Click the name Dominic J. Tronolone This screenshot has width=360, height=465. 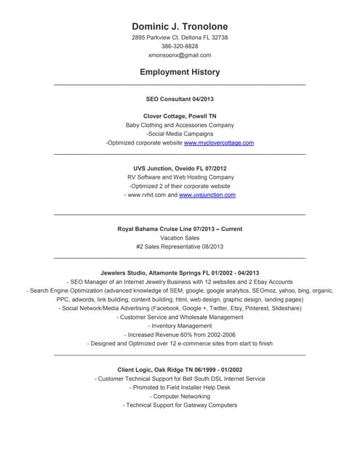click(x=180, y=27)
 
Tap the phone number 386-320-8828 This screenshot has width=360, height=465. click(x=180, y=46)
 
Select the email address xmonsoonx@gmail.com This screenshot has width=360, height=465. click(x=180, y=55)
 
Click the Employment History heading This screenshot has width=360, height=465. click(x=180, y=73)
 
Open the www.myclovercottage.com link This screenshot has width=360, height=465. click(x=219, y=143)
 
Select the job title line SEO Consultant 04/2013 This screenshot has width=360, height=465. click(x=180, y=98)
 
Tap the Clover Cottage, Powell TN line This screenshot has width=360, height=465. click(x=180, y=116)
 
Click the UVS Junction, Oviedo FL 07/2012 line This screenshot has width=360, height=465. click(x=180, y=169)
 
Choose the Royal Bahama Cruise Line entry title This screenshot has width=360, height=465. click(x=180, y=229)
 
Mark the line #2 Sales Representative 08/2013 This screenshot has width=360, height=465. click(x=180, y=247)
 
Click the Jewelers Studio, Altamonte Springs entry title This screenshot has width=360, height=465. click(x=180, y=272)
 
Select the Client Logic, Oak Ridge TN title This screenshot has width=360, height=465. click(x=180, y=370)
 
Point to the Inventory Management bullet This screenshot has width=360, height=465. click(x=180, y=326)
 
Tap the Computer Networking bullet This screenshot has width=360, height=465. click(x=180, y=397)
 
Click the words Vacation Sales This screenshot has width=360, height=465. click(x=180, y=238)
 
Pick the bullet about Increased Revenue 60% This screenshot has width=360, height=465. click(x=180, y=335)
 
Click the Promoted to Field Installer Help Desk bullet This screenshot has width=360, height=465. click(x=180, y=388)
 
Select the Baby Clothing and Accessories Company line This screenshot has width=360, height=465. click(x=180, y=125)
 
